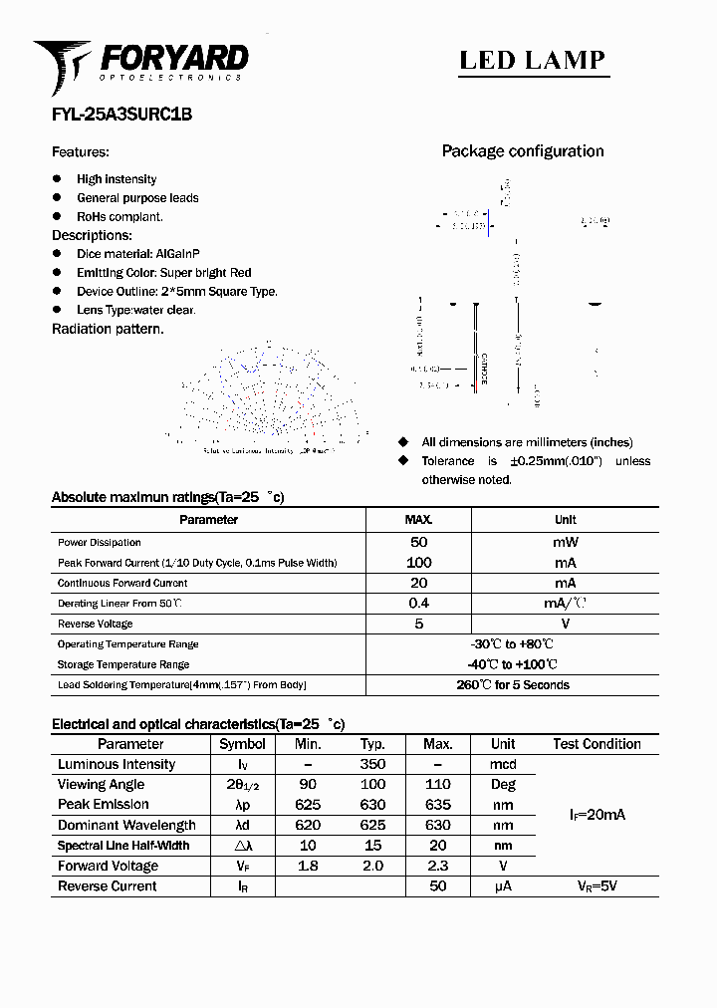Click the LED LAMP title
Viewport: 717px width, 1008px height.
point(532,60)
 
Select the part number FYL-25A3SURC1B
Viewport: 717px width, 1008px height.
point(121,115)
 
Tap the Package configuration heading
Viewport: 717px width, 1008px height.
point(523,151)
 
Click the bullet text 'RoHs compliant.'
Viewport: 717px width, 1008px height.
point(119,216)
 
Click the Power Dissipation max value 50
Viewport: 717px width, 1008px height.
point(418,542)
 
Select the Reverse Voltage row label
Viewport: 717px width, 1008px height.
point(95,624)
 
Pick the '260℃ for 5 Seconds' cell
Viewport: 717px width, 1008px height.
point(513,685)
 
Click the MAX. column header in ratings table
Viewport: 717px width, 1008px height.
point(418,519)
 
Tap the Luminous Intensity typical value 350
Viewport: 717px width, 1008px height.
point(372,764)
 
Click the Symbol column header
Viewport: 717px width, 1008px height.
point(242,744)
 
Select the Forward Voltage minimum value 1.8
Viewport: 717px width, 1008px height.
point(308,866)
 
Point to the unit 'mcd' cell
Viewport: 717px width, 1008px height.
point(503,764)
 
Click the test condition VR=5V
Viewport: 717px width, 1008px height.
point(597,885)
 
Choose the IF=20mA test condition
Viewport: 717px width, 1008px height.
point(597,815)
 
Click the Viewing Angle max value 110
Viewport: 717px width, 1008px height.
point(437,784)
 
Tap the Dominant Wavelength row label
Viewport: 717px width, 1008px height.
point(126,825)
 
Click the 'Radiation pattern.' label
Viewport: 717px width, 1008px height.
point(108,329)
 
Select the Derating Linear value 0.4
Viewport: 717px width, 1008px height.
point(418,603)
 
